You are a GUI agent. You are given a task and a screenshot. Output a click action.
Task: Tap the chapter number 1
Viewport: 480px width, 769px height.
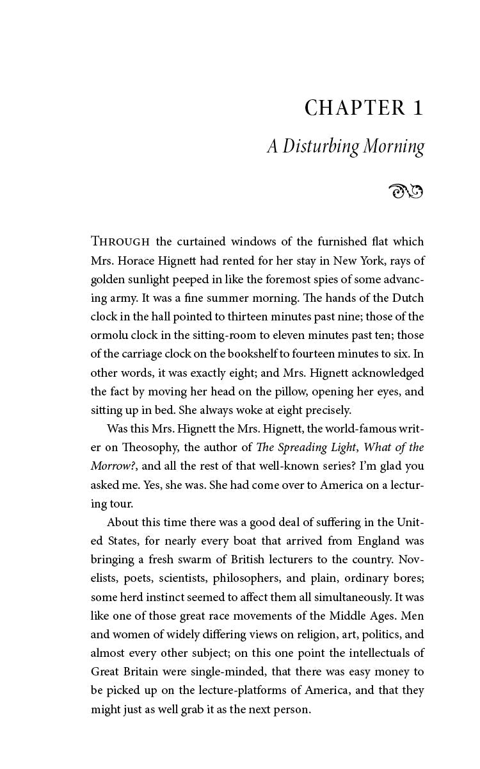point(418,108)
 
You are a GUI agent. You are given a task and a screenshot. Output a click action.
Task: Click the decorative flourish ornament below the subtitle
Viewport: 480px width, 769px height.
point(406,190)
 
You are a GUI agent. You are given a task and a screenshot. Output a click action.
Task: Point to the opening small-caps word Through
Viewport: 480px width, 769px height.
point(120,242)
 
